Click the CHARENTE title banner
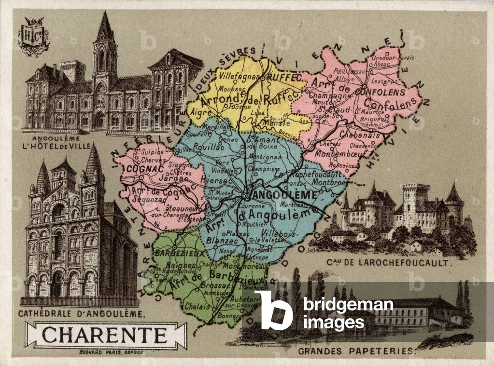[105, 335]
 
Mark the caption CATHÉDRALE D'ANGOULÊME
[81, 314]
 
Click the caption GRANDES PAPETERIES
[356, 351]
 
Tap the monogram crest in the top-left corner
[34, 36]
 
